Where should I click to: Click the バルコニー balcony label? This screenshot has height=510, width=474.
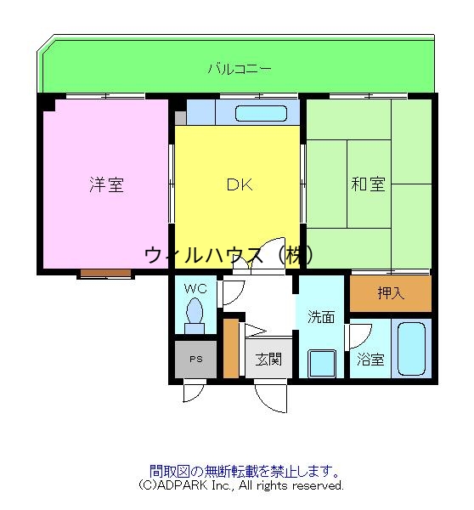(x=240, y=69)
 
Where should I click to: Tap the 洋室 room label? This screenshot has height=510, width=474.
(x=106, y=184)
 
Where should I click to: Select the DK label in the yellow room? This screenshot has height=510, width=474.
(x=239, y=184)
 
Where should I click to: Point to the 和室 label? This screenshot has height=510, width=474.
(x=368, y=184)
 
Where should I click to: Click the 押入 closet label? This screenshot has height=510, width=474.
(x=391, y=294)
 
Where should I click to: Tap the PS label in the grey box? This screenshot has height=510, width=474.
(x=196, y=359)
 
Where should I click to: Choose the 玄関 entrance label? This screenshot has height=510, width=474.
(x=269, y=359)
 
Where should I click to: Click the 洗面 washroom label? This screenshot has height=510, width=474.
(x=320, y=317)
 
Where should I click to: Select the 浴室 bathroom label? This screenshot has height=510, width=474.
(x=370, y=360)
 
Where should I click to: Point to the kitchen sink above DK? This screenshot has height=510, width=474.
(x=258, y=113)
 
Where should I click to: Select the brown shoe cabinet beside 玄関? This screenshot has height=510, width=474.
(x=231, y=348)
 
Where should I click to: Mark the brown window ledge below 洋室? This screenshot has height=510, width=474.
(x=106, y=274)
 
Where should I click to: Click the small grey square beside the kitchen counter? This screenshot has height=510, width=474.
(x=180, y=118)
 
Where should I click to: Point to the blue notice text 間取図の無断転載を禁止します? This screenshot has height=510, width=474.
(x=245, y=470)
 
